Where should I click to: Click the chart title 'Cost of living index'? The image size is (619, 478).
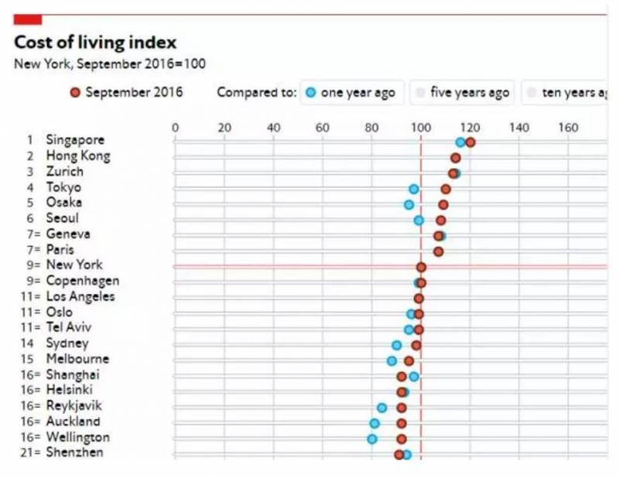[x=95, y=43]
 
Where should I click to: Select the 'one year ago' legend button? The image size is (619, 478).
[x=350, y=93]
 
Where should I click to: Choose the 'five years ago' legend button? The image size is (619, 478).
[x=463, y=93]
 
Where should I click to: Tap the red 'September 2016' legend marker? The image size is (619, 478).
[x=75, y=93]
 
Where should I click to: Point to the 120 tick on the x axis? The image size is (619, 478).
[x=470, y=128]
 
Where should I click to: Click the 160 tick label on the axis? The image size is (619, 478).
[x=568, y=128]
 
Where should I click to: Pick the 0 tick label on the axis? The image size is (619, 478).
[x=175, y=128]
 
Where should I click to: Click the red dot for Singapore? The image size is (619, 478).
[x=470, y=142]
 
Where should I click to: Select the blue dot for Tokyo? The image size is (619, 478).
[x=414, y=189]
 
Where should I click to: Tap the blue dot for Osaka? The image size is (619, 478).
[x=409, y=205]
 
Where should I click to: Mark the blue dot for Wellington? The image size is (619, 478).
[x=372, y=439]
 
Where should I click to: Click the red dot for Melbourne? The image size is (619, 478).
[x=409, y=360]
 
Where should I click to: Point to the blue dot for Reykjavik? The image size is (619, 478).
[x=382, y=408]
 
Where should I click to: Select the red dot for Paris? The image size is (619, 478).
[x=439, y=251]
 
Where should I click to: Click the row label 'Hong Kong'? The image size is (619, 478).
[x=77, y=156]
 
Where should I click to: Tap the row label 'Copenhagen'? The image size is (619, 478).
[x=82, y=281]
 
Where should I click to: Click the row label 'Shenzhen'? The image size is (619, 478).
[x=74, y=452]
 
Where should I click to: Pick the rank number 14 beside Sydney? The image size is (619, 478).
[x=30, y=343]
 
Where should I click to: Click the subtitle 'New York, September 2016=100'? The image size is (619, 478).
[x=110, y=64]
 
